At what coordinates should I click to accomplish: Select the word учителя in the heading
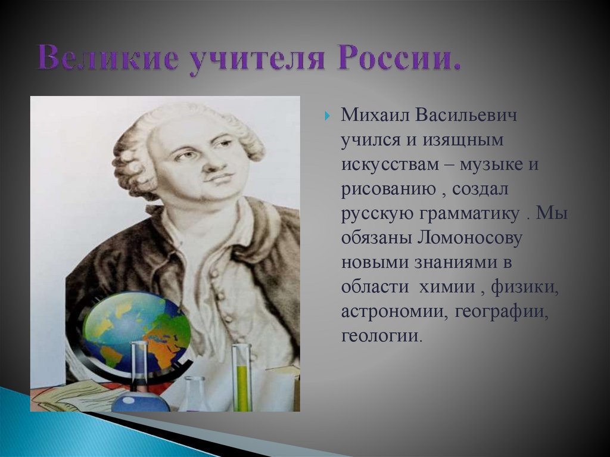[x=256, y=59]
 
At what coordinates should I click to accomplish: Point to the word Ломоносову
[x=469, y=238]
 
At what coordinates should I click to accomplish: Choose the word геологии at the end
[x=379, y=336]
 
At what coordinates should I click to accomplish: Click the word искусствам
[x=390, y=164]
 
